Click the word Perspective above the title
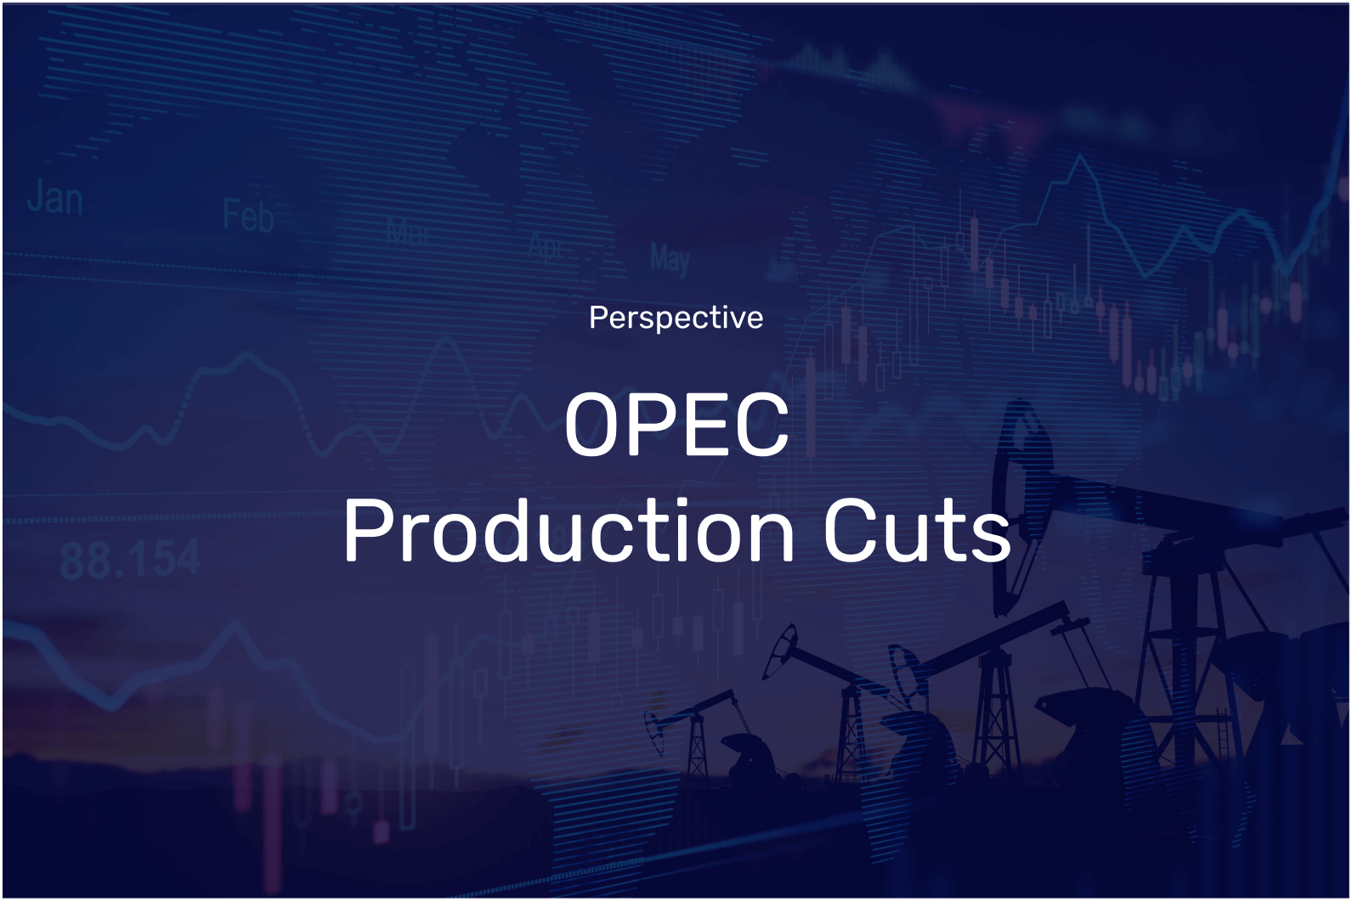coord(676,318)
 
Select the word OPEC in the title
coord(676,425)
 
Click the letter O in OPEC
coord(593,425)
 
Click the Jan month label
coord(54,199)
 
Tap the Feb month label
coord(248,216)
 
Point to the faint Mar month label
coord(409,231)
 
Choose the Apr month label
coord(546,246)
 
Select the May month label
coord(670,258)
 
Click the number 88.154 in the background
coord(130,560)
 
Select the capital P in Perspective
coord(597,318)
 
